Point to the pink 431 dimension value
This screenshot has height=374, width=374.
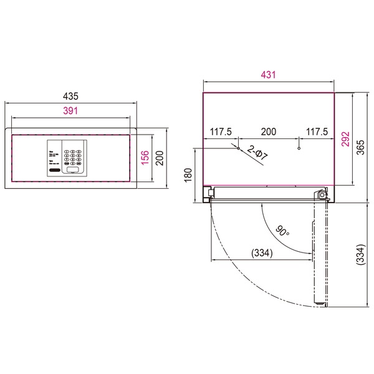coord(268,75)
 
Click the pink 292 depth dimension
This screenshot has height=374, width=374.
coord(345,138)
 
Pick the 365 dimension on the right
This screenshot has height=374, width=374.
coord(362,147)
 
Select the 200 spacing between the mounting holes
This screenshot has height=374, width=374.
coord(268,132)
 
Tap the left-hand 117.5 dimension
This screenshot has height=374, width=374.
coord(221,132)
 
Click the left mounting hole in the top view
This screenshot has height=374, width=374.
coord(237,148)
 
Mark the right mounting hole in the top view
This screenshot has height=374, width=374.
coord(299,148)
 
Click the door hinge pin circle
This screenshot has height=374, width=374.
coord(322,194)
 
